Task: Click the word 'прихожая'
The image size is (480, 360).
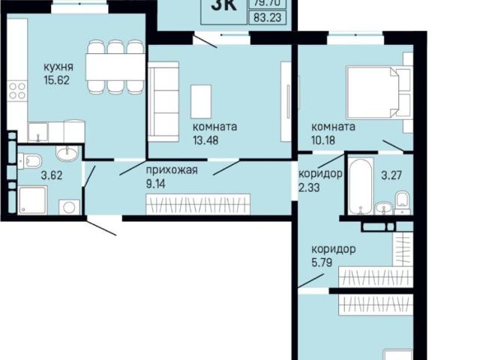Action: [172, 169]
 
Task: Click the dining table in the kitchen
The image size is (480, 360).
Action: [114, 66]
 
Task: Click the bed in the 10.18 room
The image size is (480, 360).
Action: [379, 90]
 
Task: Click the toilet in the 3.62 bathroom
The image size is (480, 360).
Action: [30, 160]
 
